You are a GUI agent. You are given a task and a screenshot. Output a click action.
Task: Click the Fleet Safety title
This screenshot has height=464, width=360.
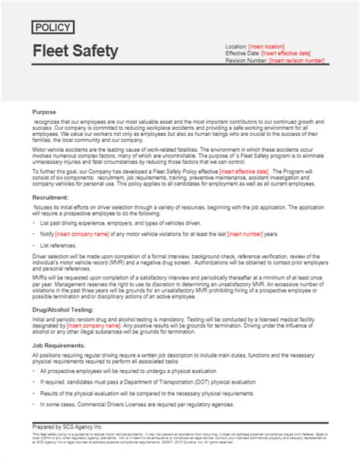click(x=75, y=52)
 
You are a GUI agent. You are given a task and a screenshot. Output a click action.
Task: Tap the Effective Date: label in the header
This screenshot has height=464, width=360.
click(x=242, y=54)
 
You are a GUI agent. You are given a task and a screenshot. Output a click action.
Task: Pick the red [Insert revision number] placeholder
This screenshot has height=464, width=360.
click(x=292, y=61)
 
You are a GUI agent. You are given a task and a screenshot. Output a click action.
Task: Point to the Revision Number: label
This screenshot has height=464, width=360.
click(x=248, y=61)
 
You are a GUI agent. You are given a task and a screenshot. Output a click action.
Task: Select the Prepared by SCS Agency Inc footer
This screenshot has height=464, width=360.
click(x=72, y=442)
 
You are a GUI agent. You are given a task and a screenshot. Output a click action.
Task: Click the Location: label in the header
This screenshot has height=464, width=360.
click(x=236, y=47)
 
